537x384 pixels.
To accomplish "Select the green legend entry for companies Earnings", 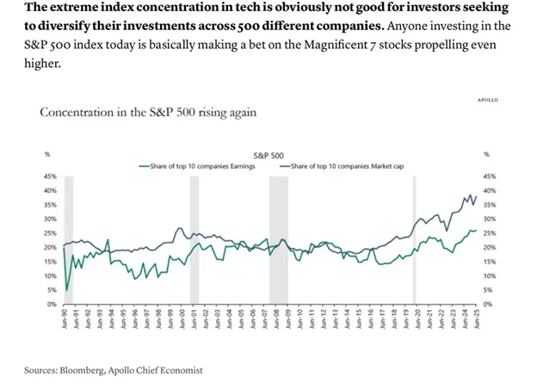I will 194,164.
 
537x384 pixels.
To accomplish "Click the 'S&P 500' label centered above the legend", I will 268,156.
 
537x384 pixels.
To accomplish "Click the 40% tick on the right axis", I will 490,190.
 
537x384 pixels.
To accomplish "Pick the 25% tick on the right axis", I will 490,232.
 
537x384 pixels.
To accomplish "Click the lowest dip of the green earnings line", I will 67,290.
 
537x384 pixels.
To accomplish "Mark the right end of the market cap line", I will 476,196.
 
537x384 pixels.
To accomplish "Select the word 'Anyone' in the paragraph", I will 402,26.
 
